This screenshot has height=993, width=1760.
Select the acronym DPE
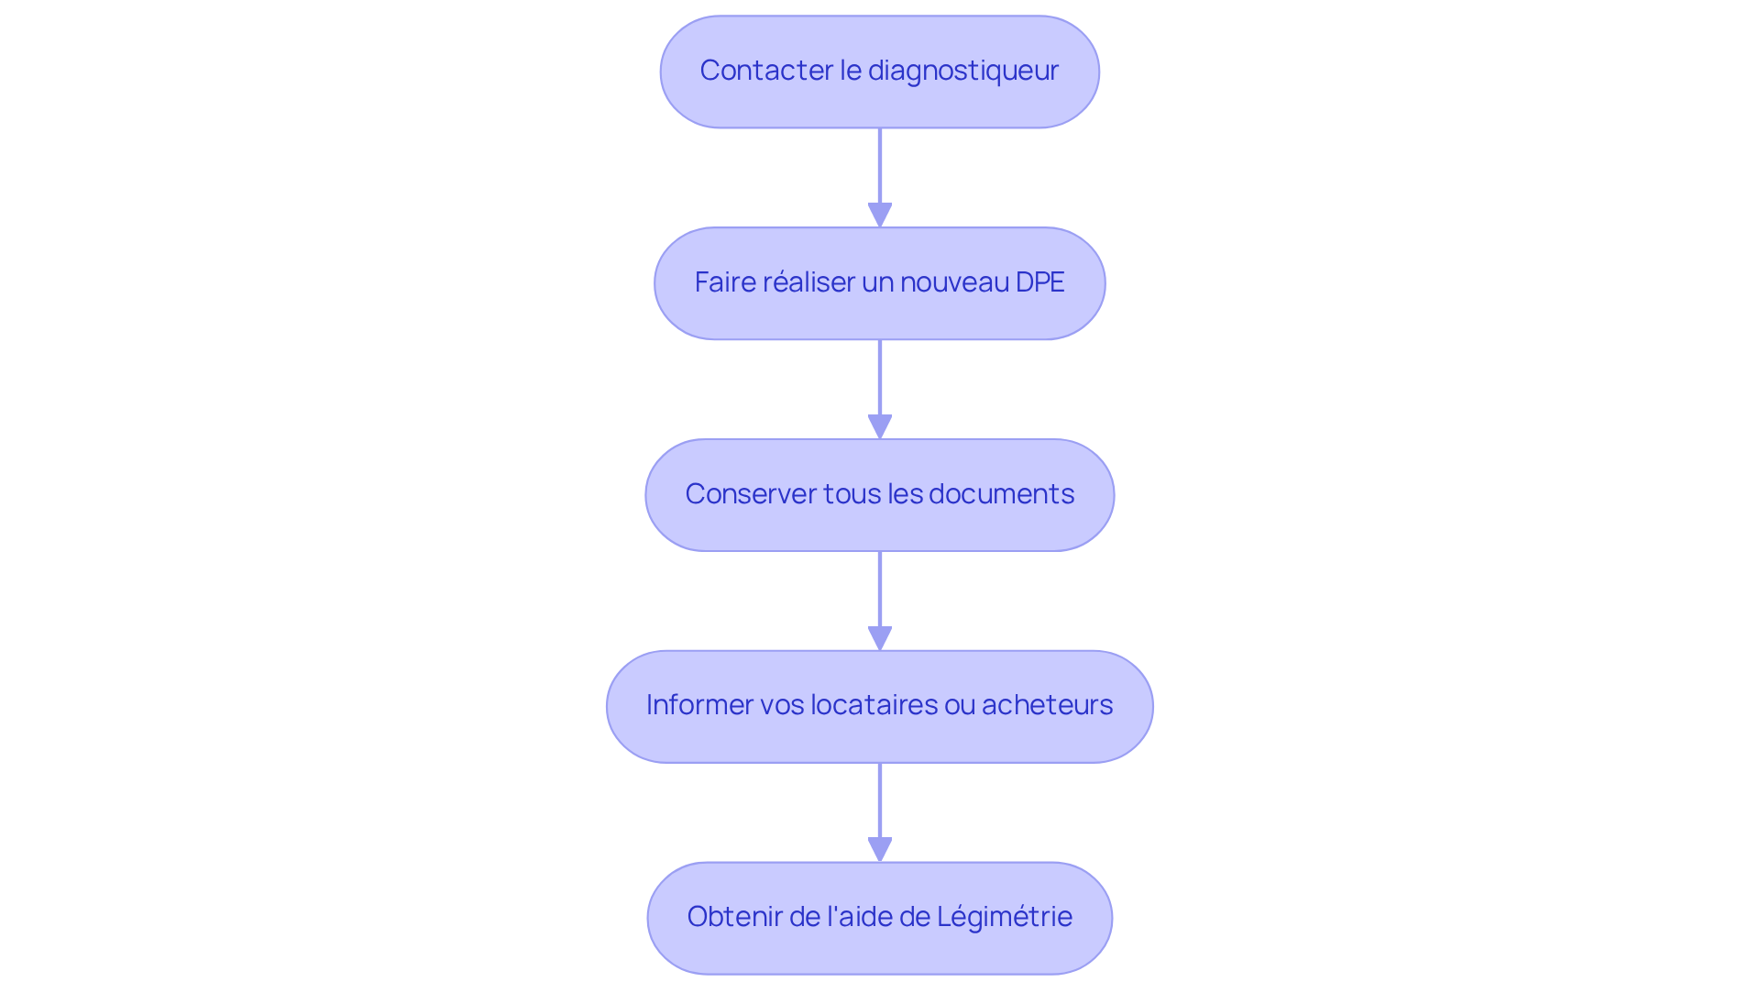[1039, 282]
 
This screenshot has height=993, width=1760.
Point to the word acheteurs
[1047, 705]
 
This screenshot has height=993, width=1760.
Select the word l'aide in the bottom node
[862, 917]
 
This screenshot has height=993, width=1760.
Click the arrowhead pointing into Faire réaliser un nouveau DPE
[880, 215]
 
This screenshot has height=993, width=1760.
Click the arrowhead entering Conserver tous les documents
[880, 426]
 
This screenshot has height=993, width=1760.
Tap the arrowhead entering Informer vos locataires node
[880, 638]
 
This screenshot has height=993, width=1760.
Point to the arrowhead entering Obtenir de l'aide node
[880, 849]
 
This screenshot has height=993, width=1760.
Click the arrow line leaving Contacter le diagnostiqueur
[880, 165]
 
